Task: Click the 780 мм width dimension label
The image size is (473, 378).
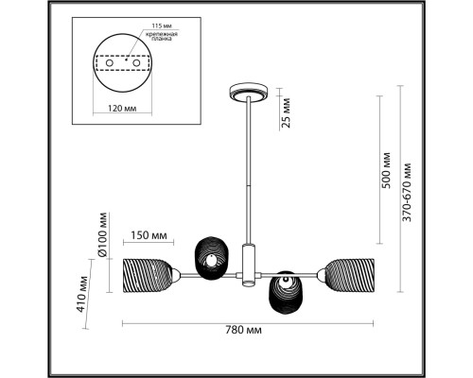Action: (x=243, y=330)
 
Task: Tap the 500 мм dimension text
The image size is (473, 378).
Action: (x=386, y=170)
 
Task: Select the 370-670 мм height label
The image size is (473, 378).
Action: (x=407, y=192)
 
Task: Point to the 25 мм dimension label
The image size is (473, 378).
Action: (x=286, y=112)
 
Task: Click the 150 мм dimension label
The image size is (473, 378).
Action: (x=149, y=235)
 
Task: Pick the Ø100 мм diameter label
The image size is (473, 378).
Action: (x=103, y=235)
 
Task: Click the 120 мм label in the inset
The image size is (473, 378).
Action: (x=122, y=109)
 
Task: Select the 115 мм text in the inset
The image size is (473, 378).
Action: (x=162, y=26)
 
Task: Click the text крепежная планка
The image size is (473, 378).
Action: (x=162, y=37)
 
